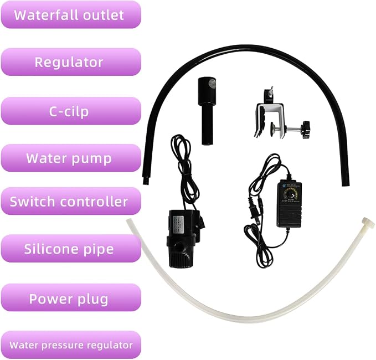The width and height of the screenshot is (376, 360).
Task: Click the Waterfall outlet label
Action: (x=71, y=14)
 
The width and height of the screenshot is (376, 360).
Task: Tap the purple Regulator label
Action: (x=71, y=62)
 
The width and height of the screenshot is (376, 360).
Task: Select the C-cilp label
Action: (x=71, y=111)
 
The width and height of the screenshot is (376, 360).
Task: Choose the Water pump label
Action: (x=71, y=158)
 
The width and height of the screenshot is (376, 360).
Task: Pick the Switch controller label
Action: (x=71, y=201)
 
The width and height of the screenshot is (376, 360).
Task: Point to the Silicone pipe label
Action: (x=71, y=249)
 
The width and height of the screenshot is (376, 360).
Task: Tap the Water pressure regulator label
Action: (x=71, y=345)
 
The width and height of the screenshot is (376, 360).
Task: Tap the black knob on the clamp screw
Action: (x=306, y=130)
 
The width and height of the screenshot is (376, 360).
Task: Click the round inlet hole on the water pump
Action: (x=178, y=247)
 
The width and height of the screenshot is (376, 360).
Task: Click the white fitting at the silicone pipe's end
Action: (x=368, y=222)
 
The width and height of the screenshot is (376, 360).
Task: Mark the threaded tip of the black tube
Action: (x=145, y=181)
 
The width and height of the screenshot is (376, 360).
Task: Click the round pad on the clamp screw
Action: (x=272, y=129)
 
